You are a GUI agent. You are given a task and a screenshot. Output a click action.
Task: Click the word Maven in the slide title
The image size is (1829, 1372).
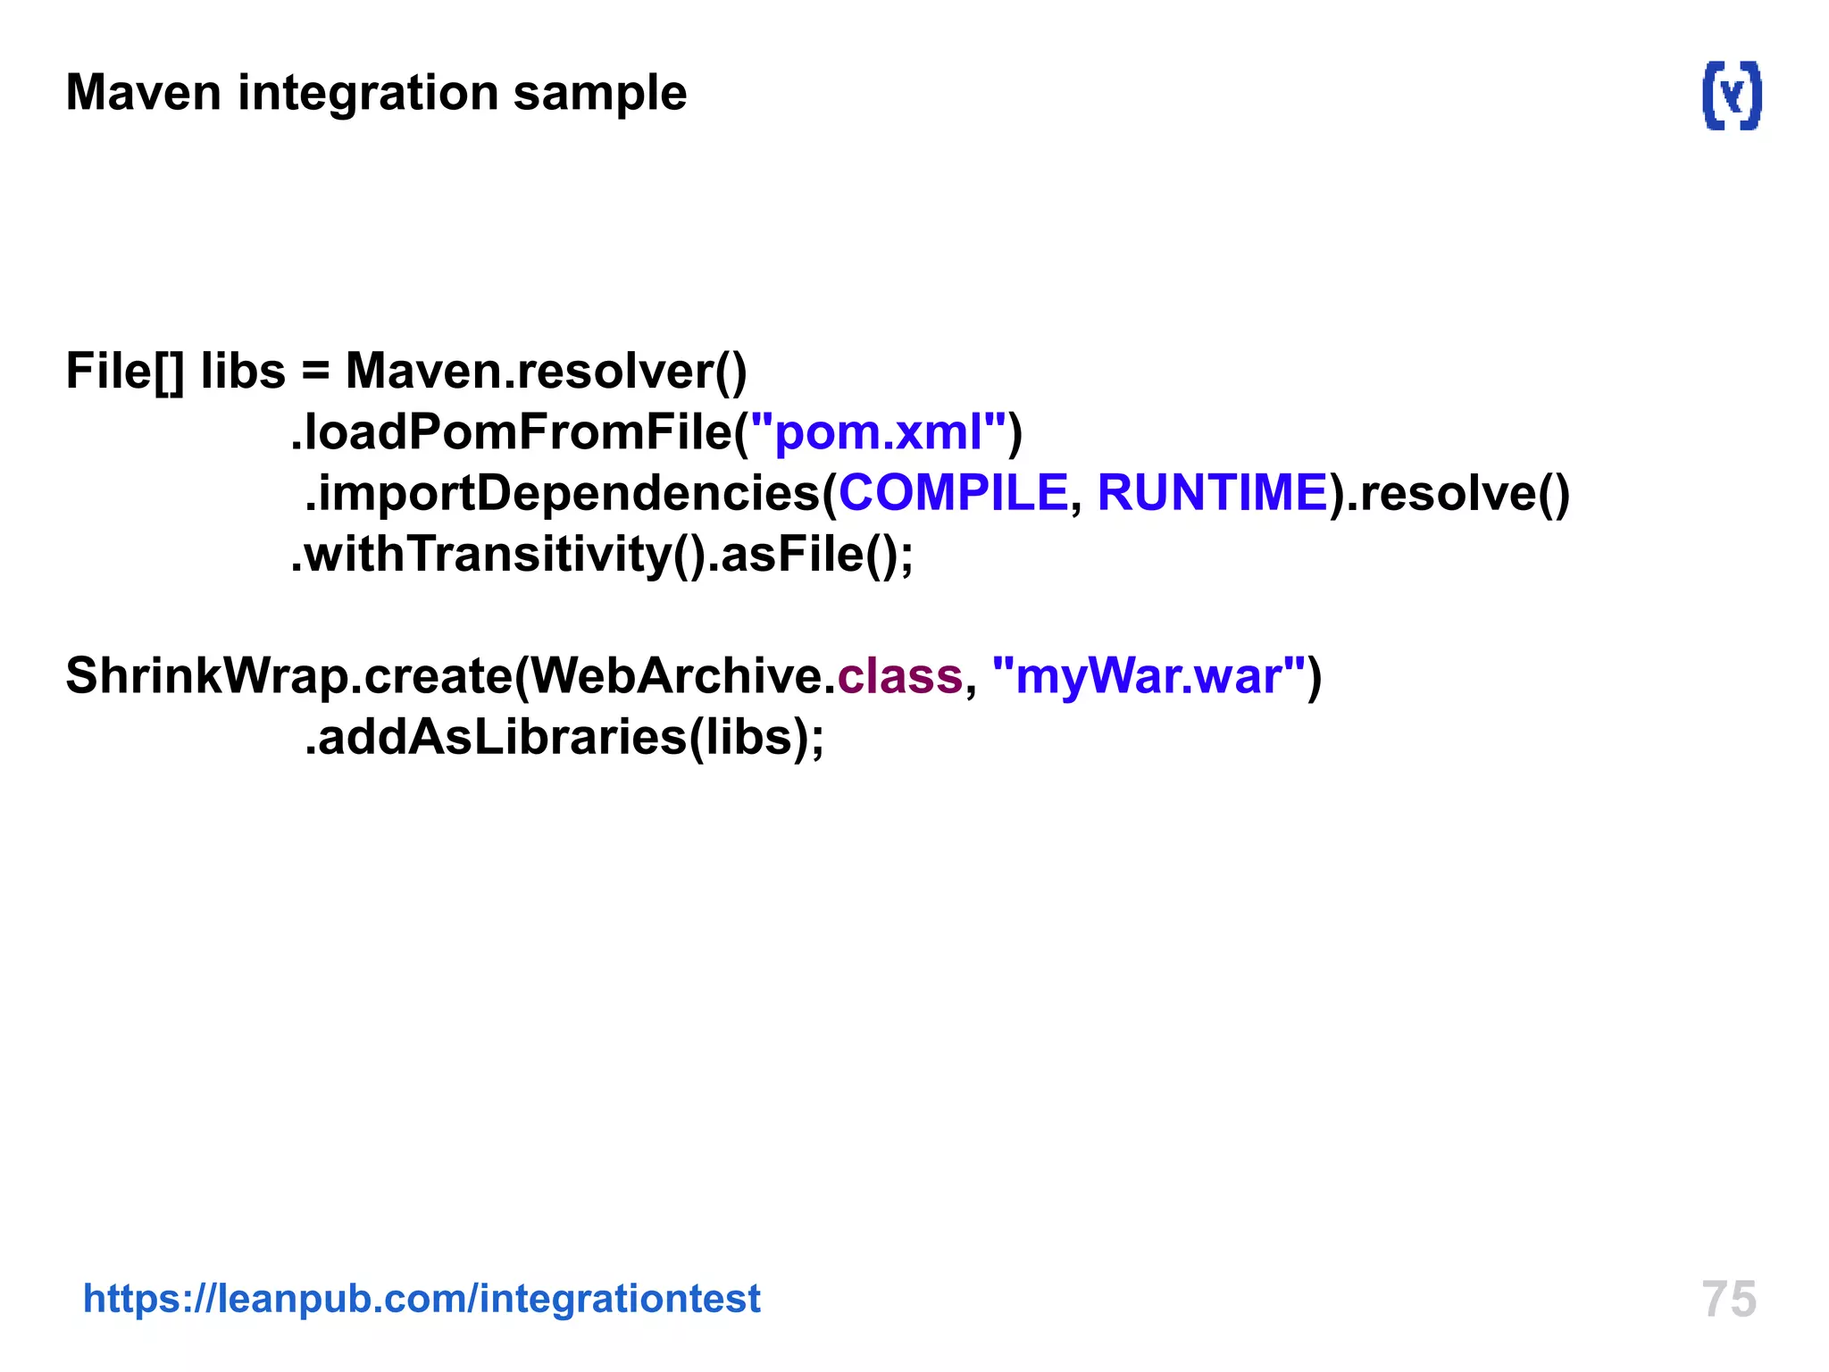point(143,93)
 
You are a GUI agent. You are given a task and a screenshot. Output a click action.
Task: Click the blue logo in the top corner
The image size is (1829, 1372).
point(1732,96)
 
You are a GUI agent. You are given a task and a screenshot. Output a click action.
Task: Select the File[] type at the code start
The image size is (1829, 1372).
point(125,372)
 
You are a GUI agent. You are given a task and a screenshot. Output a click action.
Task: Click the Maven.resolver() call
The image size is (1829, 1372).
point(546,372)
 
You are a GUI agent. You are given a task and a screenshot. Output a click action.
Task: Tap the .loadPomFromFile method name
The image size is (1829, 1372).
point(513,432)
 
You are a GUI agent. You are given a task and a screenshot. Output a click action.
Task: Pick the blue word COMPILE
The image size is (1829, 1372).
point(953,493)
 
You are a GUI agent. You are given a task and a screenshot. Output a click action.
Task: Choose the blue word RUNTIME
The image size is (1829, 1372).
point(1212,493)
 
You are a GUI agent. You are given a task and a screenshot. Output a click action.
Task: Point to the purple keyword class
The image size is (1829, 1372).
point(899,676)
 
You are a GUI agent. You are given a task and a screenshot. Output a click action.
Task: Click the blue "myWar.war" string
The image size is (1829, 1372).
point(1148,676)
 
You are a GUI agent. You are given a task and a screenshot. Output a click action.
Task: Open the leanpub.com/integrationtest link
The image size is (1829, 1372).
point(422,1299)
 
